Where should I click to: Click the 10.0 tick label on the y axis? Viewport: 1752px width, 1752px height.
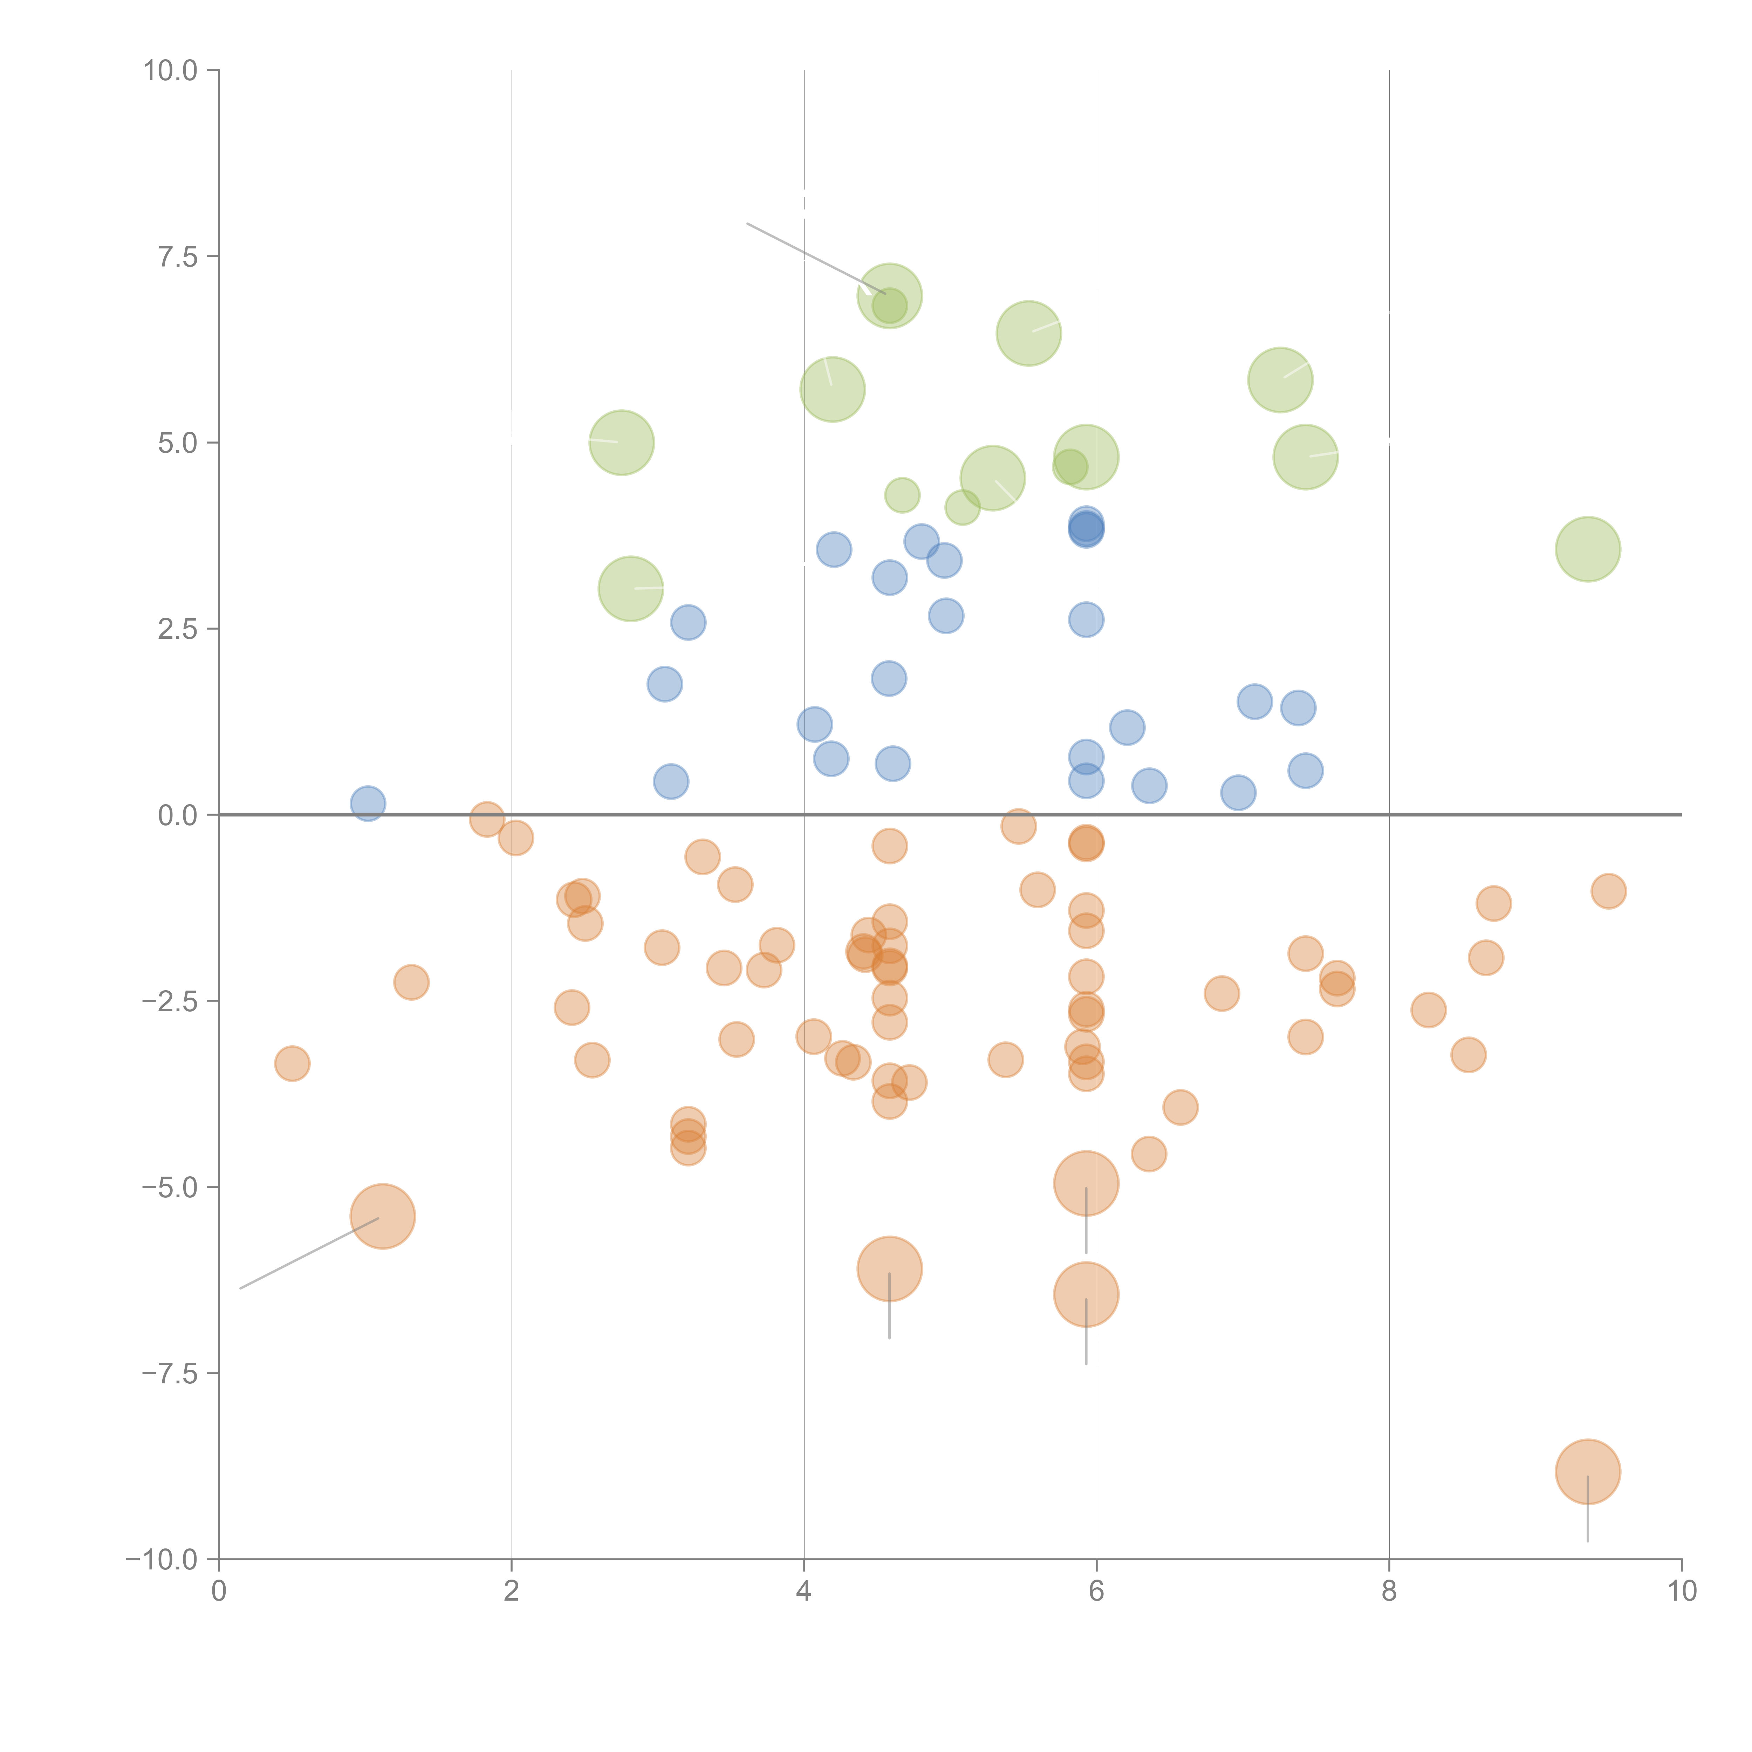171,71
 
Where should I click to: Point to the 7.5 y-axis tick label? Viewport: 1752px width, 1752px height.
178,256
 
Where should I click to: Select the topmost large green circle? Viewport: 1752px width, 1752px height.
890,296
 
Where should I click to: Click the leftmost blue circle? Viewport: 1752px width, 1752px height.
367,802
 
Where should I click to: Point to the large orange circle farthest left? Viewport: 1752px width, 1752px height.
383,1216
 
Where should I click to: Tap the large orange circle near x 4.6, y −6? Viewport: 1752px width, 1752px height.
890,1269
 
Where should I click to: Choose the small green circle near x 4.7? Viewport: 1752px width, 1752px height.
901,495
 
